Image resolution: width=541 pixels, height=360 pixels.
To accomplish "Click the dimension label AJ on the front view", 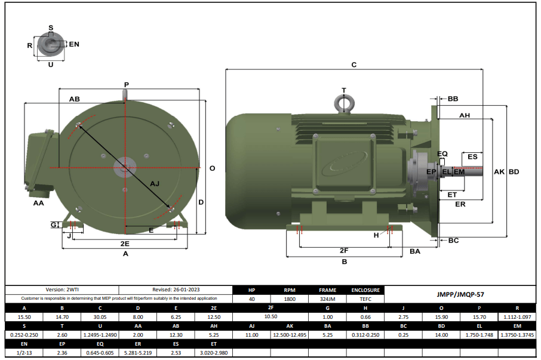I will [x=155, y=183].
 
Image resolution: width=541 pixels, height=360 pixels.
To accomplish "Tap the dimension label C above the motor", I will [x=354, y=64].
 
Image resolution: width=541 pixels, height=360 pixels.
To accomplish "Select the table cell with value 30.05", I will [x=101, y=318].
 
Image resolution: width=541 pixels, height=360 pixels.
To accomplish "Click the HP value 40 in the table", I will [x=251, y=299].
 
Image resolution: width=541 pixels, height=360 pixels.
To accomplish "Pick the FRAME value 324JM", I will [x=327, y=299].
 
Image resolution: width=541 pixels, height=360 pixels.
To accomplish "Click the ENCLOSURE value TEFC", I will [x=365, y=299].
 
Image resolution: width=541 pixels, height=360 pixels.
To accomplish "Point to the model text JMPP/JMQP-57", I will [x=460, y=294].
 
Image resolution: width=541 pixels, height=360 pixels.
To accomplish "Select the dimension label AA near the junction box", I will [x=39, y=203].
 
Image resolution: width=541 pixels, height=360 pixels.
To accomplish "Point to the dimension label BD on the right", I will [x=514, y=172].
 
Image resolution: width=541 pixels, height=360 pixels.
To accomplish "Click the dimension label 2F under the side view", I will [x=344, y=250].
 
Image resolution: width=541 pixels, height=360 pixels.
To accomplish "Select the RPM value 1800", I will [x=289, y=299].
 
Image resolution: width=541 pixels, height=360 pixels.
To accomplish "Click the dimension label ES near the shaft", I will [x=472, y=156].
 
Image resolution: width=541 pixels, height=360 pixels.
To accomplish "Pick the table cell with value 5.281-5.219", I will [x=139, y=353].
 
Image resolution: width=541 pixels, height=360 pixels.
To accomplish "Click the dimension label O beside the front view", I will [x=212, y=168].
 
